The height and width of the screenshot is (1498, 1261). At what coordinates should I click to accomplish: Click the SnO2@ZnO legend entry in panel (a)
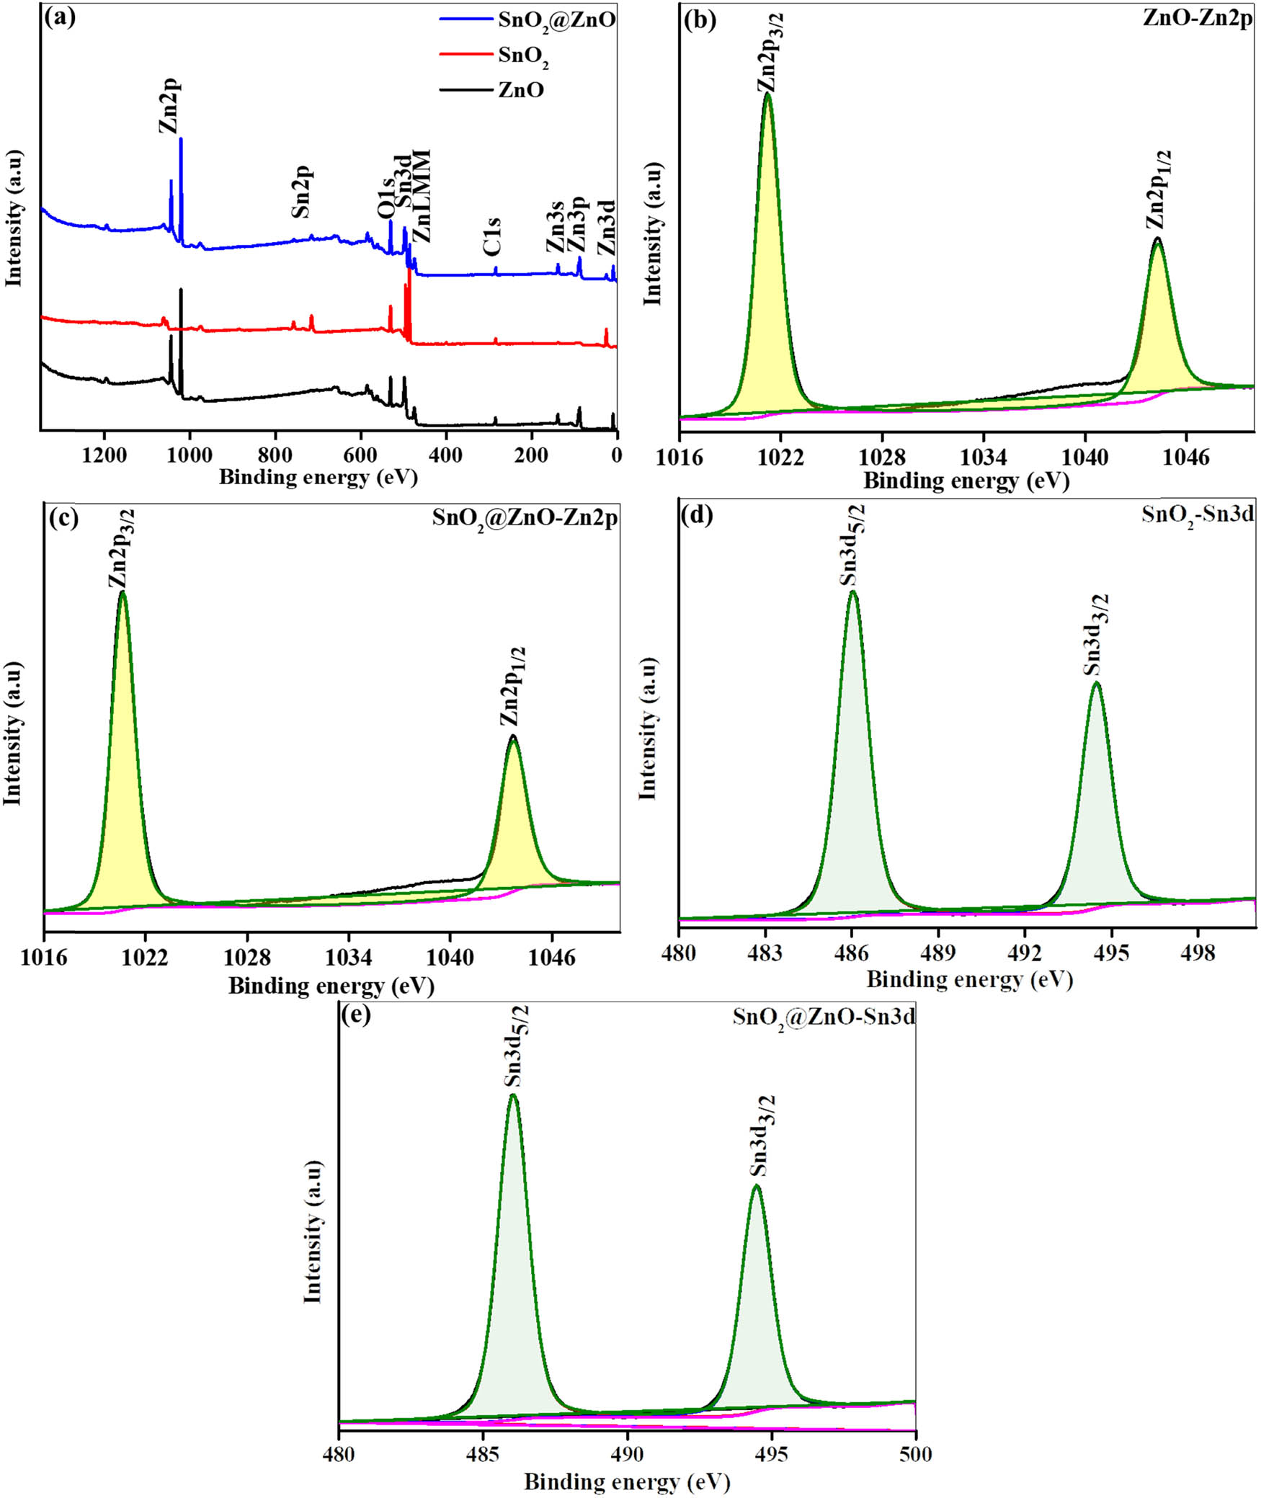[x=556, y=19]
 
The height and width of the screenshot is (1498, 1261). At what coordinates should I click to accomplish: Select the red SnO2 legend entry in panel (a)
[x=523, y=55]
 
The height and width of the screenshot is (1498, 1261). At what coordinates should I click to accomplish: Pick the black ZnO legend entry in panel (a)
[x=520, y=91]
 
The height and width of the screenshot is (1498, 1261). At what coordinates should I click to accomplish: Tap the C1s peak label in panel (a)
[x=493, y=236]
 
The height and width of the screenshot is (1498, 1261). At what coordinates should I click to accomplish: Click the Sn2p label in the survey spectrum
[x=301, y=192]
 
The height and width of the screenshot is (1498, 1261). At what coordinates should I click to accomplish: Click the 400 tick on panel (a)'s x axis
[x=446, y=456]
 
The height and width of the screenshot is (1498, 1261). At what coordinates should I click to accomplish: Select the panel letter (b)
[x=699, y=19]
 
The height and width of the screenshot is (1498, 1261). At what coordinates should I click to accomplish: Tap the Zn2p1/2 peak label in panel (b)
[x=1159, y=190]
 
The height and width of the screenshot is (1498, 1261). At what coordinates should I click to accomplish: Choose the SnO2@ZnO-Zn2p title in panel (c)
[x=525, y=519]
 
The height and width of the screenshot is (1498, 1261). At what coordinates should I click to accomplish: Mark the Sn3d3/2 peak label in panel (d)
[x=1096, y=635]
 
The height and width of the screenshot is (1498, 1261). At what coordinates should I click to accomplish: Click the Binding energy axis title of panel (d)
[x=969, y=980]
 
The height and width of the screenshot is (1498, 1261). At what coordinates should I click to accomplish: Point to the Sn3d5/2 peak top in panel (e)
[x=513, y=1095]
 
